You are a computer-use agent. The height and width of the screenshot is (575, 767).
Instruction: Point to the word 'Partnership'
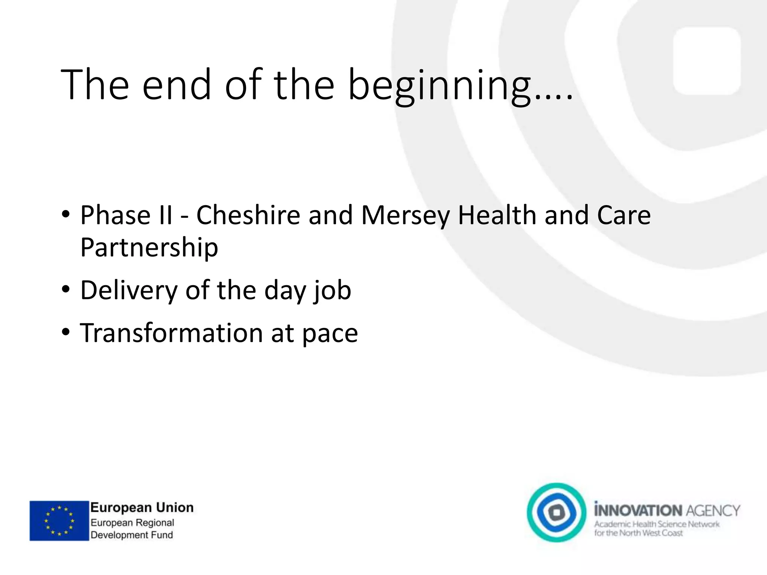(149, 248)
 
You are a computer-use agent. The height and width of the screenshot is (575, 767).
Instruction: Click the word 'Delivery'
(129, 291)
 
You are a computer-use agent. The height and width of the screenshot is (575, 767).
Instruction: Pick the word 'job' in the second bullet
(332, 291)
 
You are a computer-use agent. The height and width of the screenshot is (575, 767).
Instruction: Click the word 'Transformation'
(172, 333)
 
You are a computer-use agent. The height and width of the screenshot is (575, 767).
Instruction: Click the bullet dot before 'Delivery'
(66, 290)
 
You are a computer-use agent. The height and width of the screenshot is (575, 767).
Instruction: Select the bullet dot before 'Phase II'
(66, 215)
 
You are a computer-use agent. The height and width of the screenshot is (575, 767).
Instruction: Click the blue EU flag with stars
(59, 521)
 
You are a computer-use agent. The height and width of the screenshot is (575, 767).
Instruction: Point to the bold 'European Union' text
(142, 508)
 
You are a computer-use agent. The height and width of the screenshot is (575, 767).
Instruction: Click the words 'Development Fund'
(132, 535)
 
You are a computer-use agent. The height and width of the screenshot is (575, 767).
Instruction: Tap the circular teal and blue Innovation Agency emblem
(556, 512)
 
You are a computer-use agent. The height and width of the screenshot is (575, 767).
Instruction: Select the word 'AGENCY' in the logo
(713, 511)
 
